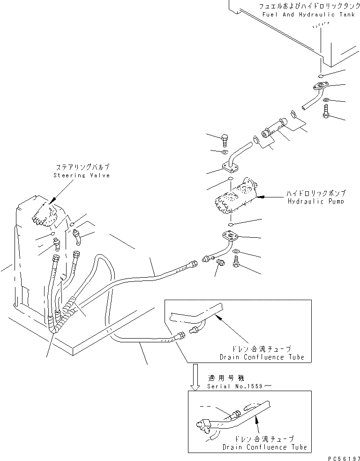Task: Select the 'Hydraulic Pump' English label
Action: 317,201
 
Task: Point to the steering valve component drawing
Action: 45,214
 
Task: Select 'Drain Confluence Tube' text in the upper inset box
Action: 262,357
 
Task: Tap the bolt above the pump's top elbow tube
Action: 224,139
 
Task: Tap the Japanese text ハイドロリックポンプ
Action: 317,193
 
